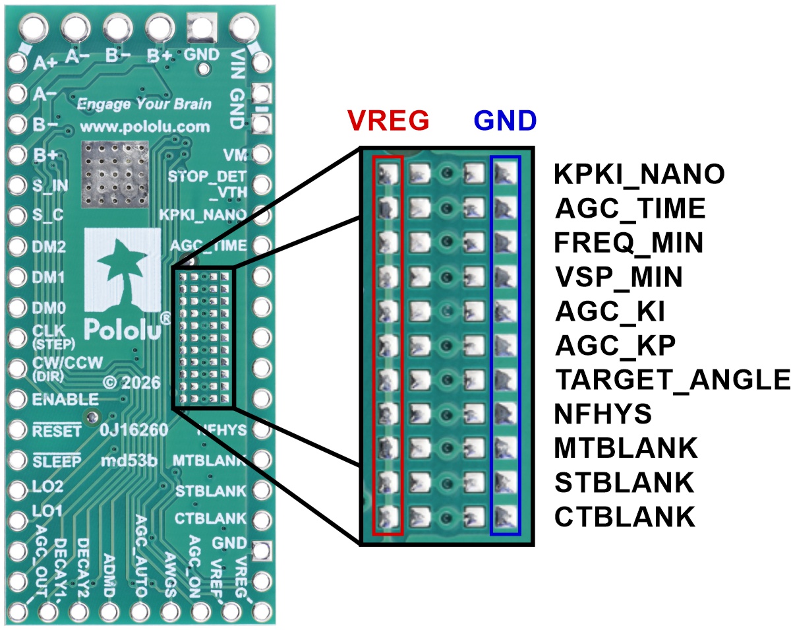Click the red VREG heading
coord(388,120)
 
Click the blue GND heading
coord(506,120)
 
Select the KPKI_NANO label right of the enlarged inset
coord(639,174)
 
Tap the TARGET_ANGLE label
coord(672,379)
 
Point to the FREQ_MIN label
coord(629,243)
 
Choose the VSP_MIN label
coord(618,276)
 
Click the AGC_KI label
coord(610,311)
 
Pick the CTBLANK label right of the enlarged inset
coord(624,517)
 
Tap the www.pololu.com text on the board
coord(145,127)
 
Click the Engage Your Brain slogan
coord(144,104)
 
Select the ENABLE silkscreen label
coord(65,399)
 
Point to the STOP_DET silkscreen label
coord(207,177)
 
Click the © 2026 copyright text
coord(132,383)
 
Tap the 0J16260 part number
coord(134,429)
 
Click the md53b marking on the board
coord(129,460)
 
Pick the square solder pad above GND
coord(202,28)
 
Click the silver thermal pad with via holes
coord(115,174)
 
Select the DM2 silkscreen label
coord(49,247)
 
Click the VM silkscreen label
coord(235,155)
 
